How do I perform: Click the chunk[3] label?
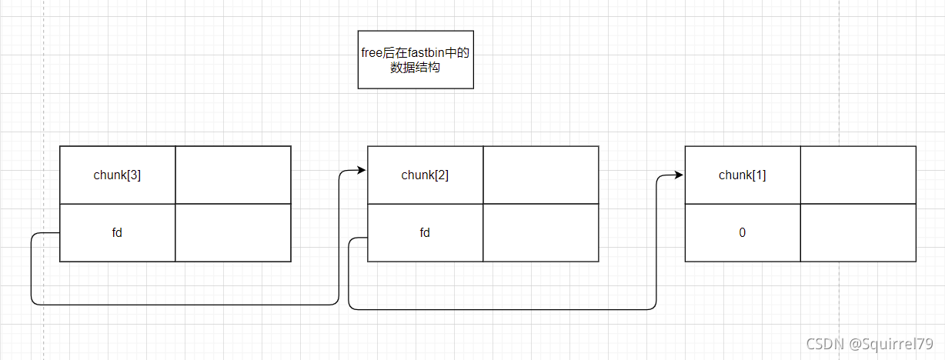point(117,175)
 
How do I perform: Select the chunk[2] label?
point(425,175)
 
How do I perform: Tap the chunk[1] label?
point(742,175)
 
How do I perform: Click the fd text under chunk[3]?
point(117,232)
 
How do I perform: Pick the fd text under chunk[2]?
point(425,232)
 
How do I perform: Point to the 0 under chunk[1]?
point(742,232)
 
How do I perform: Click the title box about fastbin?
point(416,59)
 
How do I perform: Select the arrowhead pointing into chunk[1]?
point(679,175)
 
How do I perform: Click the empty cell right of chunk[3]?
point(233,175)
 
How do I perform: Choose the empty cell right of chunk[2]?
point(541,175)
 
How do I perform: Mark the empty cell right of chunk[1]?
point(858,175)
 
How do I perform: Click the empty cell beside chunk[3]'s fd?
point(233,232)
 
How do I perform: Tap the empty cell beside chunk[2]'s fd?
point(541,232)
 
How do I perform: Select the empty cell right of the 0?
point(858,232)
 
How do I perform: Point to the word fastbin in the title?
point(429,52)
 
